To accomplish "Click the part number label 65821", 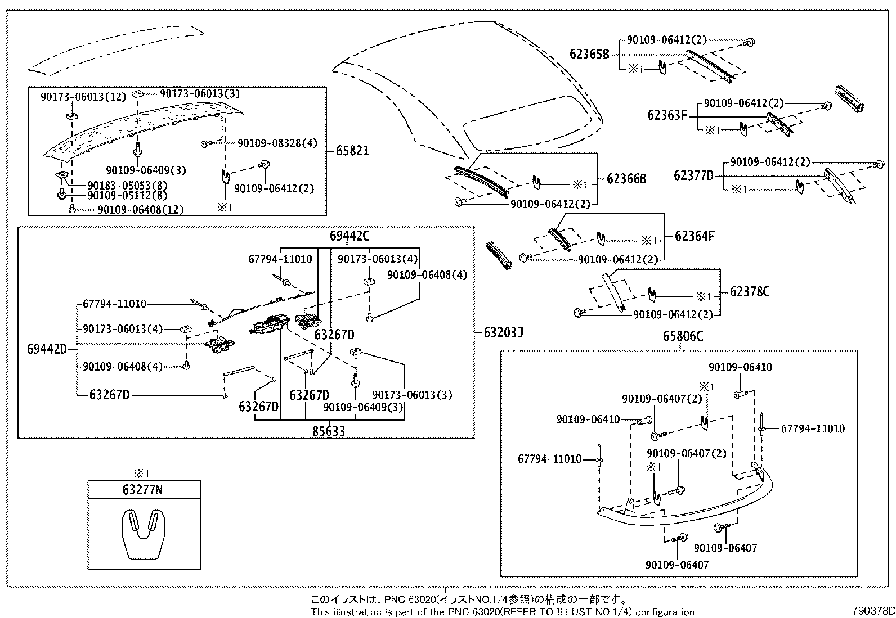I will pos(352,150).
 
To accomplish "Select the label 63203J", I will pos(503,332).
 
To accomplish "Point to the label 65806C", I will pos(683,336).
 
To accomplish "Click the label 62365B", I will pos(589,55).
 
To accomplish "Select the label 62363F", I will pos(667,116).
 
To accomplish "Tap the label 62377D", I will pos(693,175).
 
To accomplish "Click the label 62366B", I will pos(626,179).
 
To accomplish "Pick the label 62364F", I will pos(695,236).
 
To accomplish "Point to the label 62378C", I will pos(750,291).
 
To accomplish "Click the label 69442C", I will pos(350,236).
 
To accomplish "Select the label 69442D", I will pos(47,349).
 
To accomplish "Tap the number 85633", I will pos(329,431).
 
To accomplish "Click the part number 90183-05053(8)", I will pos(127,185).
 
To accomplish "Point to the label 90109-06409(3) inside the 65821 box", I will pos(146,170).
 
